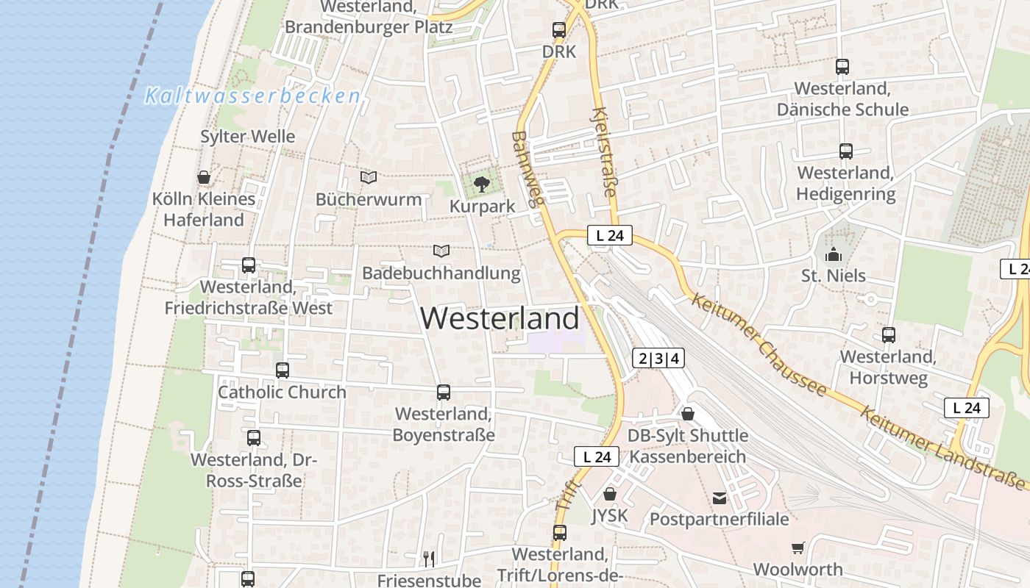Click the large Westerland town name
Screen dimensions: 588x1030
[x=500, y=318]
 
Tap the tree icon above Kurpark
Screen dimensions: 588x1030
[x=482, y=184]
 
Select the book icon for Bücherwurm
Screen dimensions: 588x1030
[x=368, y=177]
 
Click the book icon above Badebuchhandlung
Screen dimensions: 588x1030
[x=441, y=251]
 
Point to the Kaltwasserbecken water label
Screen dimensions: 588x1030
[x=252, y=96]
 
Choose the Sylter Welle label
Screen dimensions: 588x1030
[x=248, y=136]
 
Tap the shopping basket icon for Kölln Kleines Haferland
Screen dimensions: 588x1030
[x=204, y=177]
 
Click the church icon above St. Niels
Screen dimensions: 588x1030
[x=834, y=254]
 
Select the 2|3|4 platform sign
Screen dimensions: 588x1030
[x=658, y=359]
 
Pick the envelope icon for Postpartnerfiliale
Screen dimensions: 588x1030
[x=719, y=498]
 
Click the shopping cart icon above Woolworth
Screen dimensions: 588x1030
[x=798, y=548]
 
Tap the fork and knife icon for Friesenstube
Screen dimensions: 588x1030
[x=429, y=559]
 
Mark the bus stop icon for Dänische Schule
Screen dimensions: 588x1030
[x=842, y=67]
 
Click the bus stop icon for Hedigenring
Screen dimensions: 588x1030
[x=846, y=151]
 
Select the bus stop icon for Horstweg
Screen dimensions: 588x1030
[x=889, y=335]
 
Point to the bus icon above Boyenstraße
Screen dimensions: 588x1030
[x=443, y=392]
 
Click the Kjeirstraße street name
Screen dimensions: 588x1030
[x=604, y=154]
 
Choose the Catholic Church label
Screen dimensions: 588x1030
[x=282, y=392]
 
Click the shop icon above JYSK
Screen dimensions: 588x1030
[x=609, y=494]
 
